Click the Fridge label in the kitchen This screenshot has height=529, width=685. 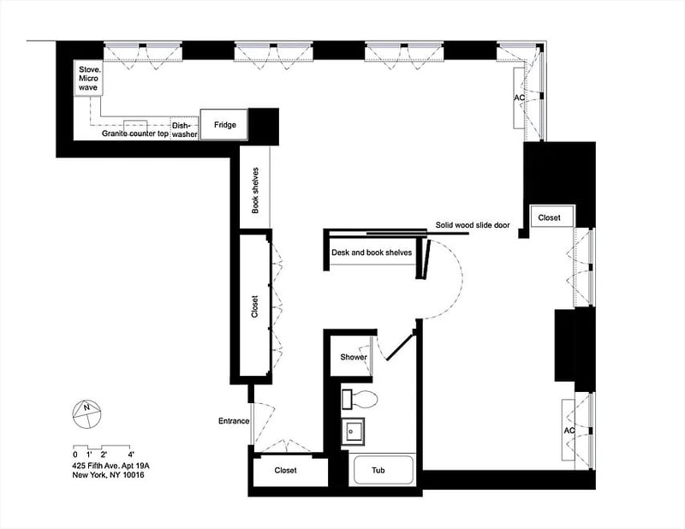click(x=224, y=125)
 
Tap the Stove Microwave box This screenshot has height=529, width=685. click(x=88, y=79)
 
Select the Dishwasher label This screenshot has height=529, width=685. click(x=185, y=129)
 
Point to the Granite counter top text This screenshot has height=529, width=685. click(x=135, y=134)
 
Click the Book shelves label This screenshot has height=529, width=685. click(x=255, y=189)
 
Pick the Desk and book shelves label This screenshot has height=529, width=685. click(x=372, y=253)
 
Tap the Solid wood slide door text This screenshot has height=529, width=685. click(x=473, y=225)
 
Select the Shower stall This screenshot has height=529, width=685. click(x=353, y=357)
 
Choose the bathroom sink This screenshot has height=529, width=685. click(x=354, y=431)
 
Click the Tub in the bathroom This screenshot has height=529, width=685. click(x=378, y=471)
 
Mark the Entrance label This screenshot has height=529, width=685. click(x=234, y=421)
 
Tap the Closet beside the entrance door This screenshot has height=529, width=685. click(x=286, y=471)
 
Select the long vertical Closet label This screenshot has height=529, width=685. click(x=254, y=307)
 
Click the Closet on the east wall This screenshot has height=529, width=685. click(x=549, y=218)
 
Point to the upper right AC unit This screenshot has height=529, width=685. click(x=519, y=98)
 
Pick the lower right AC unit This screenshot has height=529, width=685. click(x=569, y=430)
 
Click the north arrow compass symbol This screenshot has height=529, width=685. click(x=86, y=414)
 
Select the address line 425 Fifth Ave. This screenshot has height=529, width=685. click(x=110, y=465)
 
